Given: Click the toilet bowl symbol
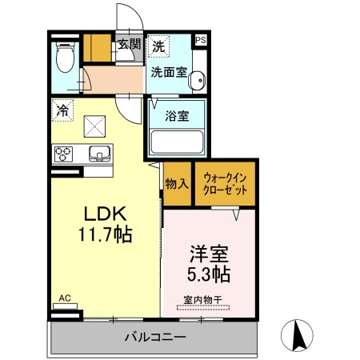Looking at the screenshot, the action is (x=66, y=58).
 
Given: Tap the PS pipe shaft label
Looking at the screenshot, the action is (x=201, y=40).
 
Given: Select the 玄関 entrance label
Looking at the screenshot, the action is (x=130, y=44).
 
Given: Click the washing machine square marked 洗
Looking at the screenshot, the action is (x=158, y=46).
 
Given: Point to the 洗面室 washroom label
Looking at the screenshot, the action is (x=169, y=72).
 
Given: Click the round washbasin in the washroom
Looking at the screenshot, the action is (x=197, y=80).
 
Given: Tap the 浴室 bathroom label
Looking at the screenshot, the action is (x=177, y=116).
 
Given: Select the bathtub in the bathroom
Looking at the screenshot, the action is (x=177, y=142).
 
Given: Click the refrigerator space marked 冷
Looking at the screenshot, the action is (x=62, y=110).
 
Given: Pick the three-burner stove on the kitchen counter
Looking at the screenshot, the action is (x=63, y=154).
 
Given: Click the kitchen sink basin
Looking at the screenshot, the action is (x=99, y=154).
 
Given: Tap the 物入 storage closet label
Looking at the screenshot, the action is (x=177, y=184).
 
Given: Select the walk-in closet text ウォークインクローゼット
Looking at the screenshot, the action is (x=225, y=184).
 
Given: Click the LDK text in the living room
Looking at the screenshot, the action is (x=105, y=214).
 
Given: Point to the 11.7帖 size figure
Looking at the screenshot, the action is (x=106, y=234).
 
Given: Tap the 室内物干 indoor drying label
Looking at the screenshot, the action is (x=203, y=300).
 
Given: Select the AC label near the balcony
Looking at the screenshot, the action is (x=65, y=298).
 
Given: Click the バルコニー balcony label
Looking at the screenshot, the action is (x=155, y=337).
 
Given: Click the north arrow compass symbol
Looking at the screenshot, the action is (x=297, y=335).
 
